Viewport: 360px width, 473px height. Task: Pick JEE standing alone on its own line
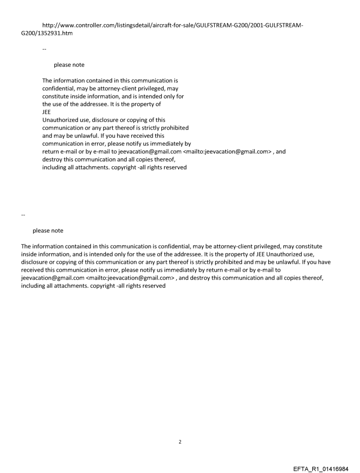tap(46, 112)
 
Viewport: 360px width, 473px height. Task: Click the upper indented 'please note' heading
tap(69, 65)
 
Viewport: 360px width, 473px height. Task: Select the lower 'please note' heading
tap(48, 231)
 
